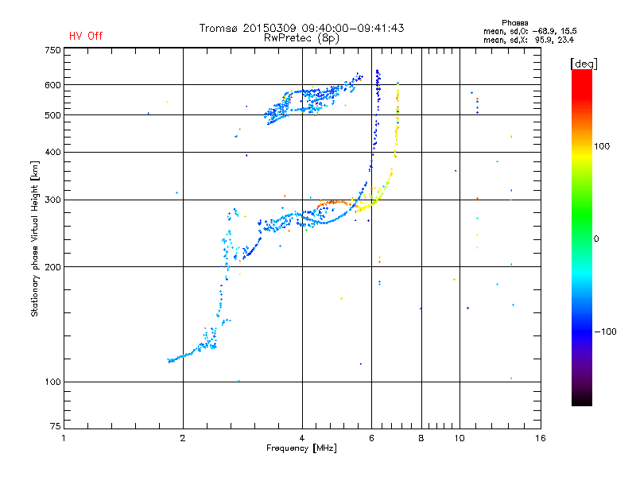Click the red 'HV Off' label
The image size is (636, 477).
point(86,36)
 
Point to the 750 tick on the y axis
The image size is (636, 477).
point(52,49)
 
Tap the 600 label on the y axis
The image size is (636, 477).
point(52,85)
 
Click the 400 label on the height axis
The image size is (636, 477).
point(52,152)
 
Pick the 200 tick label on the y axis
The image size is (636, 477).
point(52,267)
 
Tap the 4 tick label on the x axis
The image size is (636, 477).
point(302,438)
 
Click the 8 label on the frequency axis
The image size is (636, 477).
point(421,438)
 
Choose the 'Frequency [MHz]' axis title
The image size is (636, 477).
point(301,448)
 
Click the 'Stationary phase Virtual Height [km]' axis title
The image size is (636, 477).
point(35,238)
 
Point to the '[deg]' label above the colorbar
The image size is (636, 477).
point(584,63)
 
